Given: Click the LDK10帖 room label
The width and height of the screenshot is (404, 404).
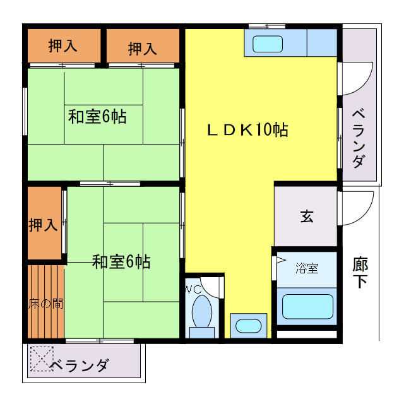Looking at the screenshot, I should coord(248,130).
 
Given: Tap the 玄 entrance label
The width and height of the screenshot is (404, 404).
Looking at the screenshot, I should coord(306,217).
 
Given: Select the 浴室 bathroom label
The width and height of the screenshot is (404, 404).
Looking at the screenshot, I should coord(307,268).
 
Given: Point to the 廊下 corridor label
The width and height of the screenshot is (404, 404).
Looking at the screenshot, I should coord(360,272).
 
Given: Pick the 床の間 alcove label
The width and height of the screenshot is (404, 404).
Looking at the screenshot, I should coord(45,303).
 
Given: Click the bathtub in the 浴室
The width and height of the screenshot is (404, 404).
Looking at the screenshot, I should coord(307,306).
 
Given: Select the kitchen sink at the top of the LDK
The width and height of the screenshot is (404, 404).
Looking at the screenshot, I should coord(268,44).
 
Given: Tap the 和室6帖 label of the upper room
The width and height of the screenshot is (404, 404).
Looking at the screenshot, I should coord(97,117).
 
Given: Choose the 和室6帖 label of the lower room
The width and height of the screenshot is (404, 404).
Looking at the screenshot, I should coord(121,261).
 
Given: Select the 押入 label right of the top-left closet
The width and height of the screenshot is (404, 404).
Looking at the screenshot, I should coord(143,48).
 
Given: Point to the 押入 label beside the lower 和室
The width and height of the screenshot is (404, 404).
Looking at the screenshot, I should coord(44,225).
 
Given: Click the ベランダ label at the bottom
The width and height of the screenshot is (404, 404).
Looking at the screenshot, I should coord(80,365).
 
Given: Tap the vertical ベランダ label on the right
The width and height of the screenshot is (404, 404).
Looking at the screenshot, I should coord(358,139).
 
